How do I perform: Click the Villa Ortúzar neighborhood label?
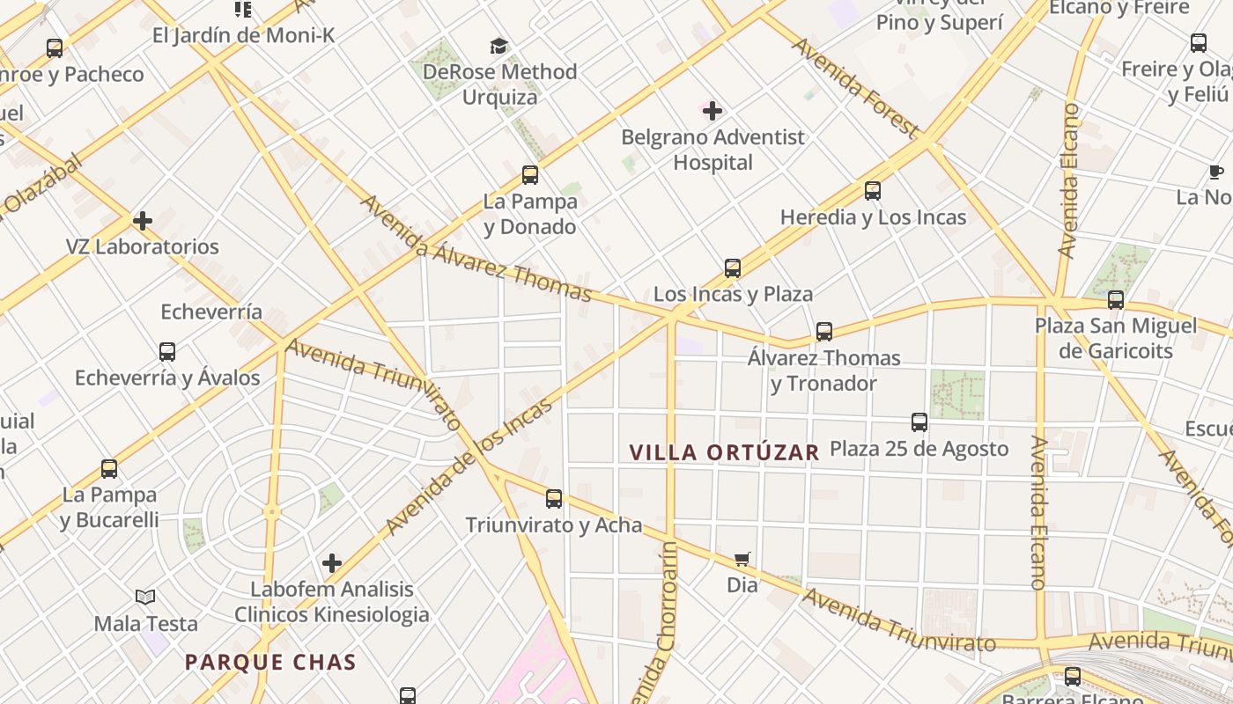pyautogui.click(x=724, y=452)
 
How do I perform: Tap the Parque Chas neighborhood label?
pyautogui.click(x=270, y=663)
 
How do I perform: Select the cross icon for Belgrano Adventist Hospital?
pyautogui.click(x=712, y=111)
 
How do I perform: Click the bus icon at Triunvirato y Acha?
pyautogui.click(x=554, y=499)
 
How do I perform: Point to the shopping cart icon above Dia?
pyautogui.click(x=742, y=560)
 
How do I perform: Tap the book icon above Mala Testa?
pyautogui.click(x=145, y=598)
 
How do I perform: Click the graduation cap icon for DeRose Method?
pyautogui.click(x=499, y=46)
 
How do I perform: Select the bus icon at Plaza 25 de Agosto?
pyautogui.click(x=919, y=422)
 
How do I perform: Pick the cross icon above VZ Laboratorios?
pyautogui.click(x=143, y=220)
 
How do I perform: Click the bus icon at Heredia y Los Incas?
pyautogui.click(x=873, y=191)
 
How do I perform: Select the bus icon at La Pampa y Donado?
pyautogui.click(x=530, y=175)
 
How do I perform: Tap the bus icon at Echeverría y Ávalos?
pyautogui.click(x=167, y=352)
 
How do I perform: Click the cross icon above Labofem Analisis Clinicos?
pyautogui.click(x=332, y=562)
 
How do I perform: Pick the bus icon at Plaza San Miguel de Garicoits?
pyautogui.click(x=1116, y=300)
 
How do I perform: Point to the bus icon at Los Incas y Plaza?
pyautogui.click(x=733, y=268)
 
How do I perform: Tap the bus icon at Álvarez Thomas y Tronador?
pyautogui.click(x=824, y=332)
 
